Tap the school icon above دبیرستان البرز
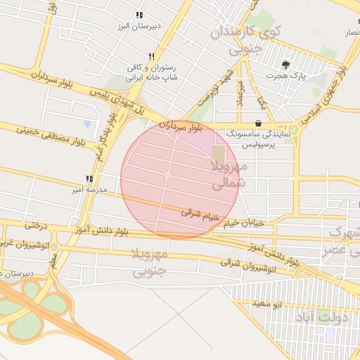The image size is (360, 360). [x=140, y=15]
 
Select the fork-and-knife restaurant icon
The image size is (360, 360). [x=151, y=56]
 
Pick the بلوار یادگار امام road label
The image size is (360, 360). [x=102, y=144]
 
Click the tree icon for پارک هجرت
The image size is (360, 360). [x=285, y=64]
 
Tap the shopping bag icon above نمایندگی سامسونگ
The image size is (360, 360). [x=259, y=124]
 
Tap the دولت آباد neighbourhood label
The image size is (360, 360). [x=330, y=317]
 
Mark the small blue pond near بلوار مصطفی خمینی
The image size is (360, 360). [x=87, y=124]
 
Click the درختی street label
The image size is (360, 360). [x=35, y=225]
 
